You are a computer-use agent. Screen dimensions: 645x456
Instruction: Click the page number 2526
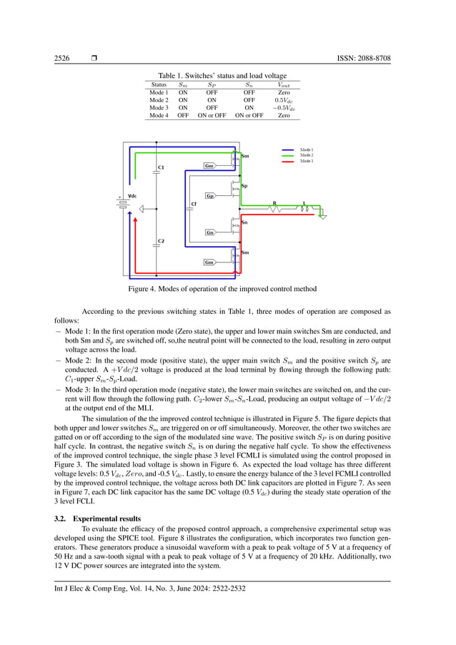click(x=62, y=58)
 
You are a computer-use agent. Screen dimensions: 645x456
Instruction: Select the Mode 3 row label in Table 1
click(x=158, y=107)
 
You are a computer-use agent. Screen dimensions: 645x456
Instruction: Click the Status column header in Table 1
click(x=159, y=84)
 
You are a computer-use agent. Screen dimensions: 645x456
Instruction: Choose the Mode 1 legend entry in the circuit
click(x=307, y=149)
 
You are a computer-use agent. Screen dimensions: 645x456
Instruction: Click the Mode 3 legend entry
click(x=307, y=161)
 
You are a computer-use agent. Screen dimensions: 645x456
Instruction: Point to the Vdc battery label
click(x=132, y=196)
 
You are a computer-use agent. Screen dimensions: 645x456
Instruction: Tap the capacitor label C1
click(x=161, y=167)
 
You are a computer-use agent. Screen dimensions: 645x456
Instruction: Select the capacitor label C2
click(x=161, y=241)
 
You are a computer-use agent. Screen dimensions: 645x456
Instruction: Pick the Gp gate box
click(x=209, y=195)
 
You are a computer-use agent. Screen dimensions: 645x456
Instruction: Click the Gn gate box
click(x=209, y=232)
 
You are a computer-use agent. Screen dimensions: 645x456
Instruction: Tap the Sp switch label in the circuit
click(x=244, y=186)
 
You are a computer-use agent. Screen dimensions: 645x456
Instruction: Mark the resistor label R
click(x=274, y=203)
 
